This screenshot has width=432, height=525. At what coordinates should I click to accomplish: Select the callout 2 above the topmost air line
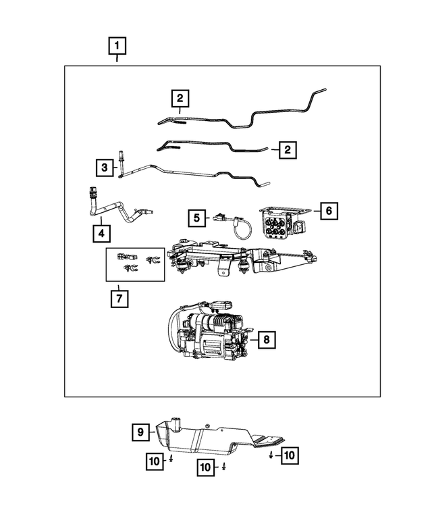[x=180, y=99]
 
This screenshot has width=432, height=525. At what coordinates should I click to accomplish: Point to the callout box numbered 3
[x=105, y=167]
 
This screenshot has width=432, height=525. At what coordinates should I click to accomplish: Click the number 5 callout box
[x=196, y=218]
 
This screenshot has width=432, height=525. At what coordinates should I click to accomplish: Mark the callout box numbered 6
[x=328, y=211]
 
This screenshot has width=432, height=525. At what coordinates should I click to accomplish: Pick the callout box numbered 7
[x=118, y=297]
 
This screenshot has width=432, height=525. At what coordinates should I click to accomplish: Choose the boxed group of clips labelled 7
[x=135, y=264]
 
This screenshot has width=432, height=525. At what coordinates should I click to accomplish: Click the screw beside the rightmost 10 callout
[x=271, y=456]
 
